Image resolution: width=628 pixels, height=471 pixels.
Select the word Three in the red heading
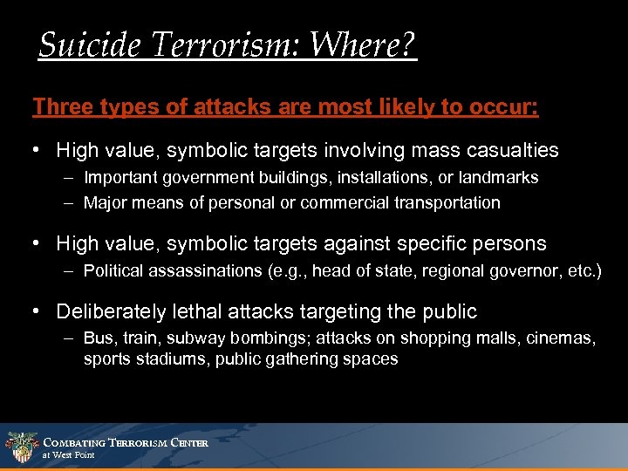click(58, 107)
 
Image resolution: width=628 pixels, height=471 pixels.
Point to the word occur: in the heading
click(506, 107)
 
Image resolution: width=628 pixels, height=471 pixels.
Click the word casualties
click(515, 150)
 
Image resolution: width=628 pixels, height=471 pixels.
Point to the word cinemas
click(563, 338)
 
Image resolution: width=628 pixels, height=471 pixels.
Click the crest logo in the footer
click(20, 447)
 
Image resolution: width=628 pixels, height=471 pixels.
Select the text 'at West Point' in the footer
click(68, 455)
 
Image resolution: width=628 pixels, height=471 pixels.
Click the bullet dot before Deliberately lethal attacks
click(38, 311)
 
